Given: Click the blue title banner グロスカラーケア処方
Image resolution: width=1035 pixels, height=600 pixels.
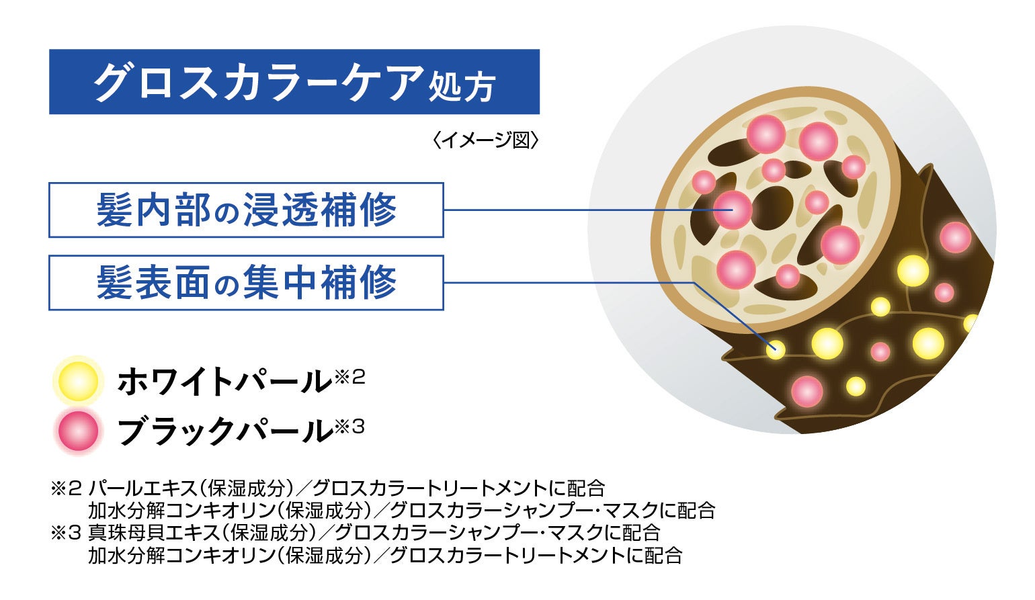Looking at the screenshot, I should [294, 82].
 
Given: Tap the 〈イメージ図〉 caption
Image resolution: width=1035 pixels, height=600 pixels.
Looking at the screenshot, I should [487, 140].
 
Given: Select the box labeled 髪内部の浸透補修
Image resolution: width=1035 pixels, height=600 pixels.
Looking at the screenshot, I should [246, 210].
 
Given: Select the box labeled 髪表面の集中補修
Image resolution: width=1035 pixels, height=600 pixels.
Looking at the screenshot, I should [246, 282].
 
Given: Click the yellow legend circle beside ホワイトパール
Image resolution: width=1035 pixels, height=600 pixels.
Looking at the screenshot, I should [78, 381].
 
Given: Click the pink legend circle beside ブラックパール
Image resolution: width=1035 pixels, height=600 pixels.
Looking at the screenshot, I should [78, 430].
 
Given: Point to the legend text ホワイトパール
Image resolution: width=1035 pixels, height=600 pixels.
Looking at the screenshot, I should [224, 381].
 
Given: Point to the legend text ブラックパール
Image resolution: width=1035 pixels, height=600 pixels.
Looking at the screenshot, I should [224, 431].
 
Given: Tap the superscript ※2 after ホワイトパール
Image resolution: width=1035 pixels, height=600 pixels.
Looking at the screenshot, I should [349, 377].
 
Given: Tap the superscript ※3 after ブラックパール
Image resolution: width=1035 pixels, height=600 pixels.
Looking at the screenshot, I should [349, 426].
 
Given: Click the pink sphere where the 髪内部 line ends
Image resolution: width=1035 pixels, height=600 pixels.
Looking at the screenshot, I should [732, 210].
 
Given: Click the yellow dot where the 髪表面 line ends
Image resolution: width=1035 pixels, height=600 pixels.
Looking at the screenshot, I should [776, 349].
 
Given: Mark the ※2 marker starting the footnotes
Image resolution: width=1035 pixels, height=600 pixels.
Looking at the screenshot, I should [66, 488].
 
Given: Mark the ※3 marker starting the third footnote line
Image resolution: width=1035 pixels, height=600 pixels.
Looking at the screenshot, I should [66, 533].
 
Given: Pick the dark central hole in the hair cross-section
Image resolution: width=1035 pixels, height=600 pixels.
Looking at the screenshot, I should [772, 207].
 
